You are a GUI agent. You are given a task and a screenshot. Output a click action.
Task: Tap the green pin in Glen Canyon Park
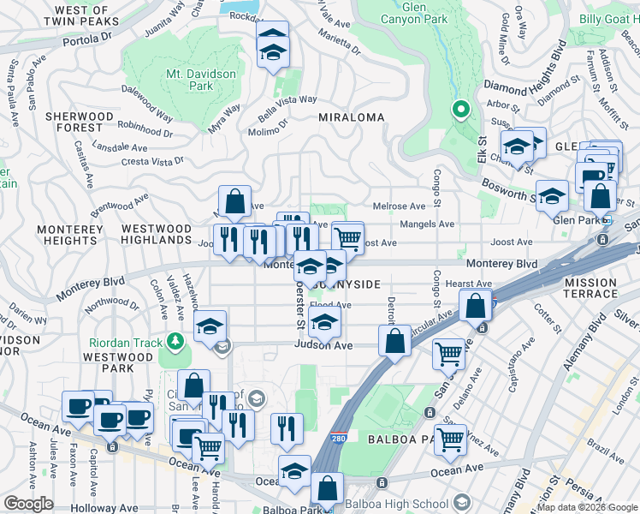coord(460,109)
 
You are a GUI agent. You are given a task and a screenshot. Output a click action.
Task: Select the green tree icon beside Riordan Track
coord(177,342)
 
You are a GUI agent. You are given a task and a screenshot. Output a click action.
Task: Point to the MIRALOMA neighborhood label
coord(350,117)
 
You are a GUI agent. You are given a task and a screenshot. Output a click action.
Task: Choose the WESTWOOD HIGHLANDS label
coord(157,235)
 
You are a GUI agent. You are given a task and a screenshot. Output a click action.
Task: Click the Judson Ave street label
coord(323,346)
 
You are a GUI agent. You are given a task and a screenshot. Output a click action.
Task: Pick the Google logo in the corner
coord(28,504)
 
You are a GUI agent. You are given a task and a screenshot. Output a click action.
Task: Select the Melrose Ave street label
coord(399,206)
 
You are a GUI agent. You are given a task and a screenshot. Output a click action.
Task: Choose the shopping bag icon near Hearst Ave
coord(475,306)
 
